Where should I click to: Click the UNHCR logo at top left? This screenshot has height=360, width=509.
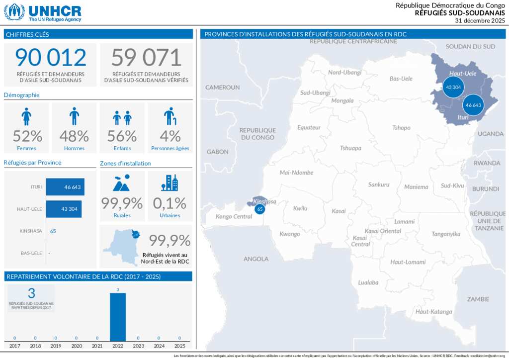(43, 12)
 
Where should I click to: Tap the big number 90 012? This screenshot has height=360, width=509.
(51, 58)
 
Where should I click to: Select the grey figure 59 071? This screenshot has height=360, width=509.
(146, 58)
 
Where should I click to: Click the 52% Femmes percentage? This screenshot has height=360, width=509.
(27, 136)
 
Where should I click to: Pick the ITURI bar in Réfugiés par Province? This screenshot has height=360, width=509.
(65, 187)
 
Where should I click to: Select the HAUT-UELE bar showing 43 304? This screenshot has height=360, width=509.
(64, 209)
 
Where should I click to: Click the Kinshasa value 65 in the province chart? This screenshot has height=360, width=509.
(53, 231)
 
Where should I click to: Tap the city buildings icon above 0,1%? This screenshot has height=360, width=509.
(170, 183)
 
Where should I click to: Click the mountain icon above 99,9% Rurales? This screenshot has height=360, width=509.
(122, 183)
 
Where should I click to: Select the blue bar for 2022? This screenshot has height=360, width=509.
(118, 317)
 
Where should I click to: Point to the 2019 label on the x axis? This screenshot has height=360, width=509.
(56, 346)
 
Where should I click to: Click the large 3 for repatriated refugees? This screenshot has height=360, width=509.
(32, 293)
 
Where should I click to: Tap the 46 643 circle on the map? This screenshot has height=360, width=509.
(473, 105)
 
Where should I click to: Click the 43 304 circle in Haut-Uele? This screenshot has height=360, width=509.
(453, 87)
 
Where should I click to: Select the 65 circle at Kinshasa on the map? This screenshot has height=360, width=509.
(259, 209)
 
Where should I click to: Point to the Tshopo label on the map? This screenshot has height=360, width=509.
(401, 128)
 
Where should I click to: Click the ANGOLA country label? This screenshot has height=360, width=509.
(256, 259)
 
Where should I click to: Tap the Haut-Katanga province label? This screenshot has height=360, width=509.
(434, 312)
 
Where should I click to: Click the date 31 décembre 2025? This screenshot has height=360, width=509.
(480, 20)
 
